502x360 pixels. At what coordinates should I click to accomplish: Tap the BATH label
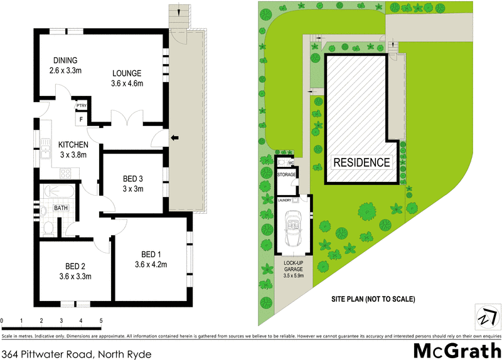coord(61,207)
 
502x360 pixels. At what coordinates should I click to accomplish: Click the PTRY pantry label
coord(81,105)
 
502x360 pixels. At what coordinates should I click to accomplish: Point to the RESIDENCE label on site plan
coord(361,162)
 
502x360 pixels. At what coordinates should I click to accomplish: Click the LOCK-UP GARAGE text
coord(293,267)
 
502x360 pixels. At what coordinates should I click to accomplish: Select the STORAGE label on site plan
coord(287,174)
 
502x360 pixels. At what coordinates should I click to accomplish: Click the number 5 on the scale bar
coord(101,320)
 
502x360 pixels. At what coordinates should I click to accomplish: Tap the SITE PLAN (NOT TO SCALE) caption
coord(373,299)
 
